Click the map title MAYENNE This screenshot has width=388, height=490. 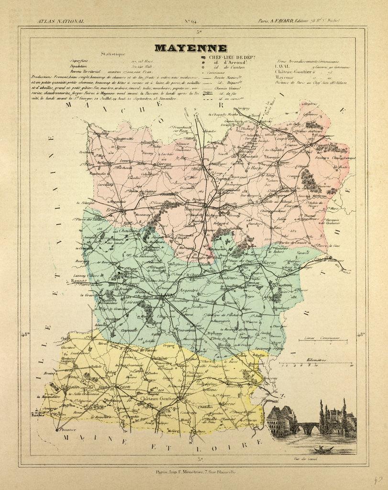tap(190, 48)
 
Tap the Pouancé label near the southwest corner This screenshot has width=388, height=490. tap(68, 430)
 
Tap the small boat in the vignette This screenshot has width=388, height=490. tap(323, 449)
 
